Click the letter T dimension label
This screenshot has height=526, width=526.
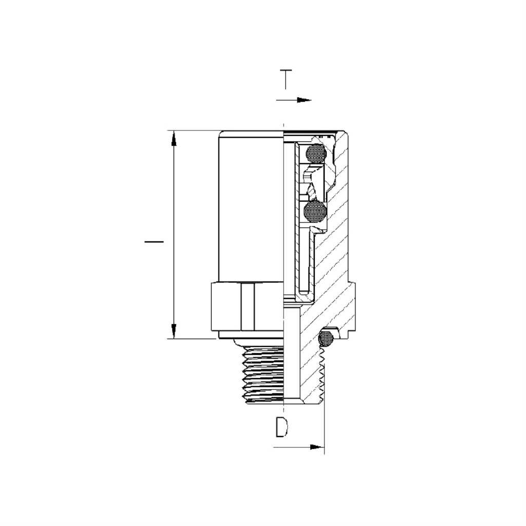coord(286,79)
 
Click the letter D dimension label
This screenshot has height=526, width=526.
coord(282,427)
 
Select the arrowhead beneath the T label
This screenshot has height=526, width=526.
coord(304,100)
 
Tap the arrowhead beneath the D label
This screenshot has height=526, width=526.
coord(317,447)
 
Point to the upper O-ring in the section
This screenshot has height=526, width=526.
coord(315,154)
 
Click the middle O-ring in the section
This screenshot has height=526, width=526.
coord(315,212)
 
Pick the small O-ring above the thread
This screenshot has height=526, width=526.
coord(326,338)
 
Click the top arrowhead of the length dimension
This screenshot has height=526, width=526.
coord(174,138)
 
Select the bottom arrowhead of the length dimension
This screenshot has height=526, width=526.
coord(174,331)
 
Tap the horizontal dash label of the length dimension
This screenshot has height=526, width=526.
coord(154,241)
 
